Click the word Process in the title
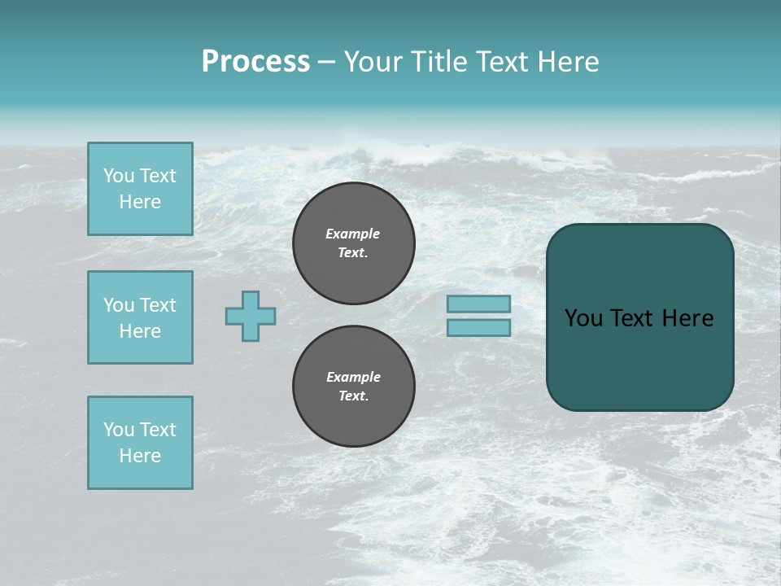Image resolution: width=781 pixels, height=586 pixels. [x=256, y=62]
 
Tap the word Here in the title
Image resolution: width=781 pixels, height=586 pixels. [x=568, y=61]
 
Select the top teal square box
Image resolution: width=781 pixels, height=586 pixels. [x=141, y=189]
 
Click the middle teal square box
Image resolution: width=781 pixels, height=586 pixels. [x=141, y=317]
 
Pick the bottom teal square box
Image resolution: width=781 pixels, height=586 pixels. [x=141, y=443]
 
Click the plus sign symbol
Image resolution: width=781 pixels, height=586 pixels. [x=251, y=317]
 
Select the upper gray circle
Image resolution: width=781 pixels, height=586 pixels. [x=354, y=243]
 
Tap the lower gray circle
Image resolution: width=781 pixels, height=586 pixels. [x=354, y=386]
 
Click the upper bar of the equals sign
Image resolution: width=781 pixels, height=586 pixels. [x=478, y=304]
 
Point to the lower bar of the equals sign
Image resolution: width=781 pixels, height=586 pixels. [x=478, y=328]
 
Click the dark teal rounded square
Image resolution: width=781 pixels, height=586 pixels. [x=640, y=317]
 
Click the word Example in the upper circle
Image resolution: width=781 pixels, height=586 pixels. [x=352, y=234]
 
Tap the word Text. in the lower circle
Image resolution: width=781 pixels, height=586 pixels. [x=354, y=396]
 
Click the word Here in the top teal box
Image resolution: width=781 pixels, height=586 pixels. [x=140, y=202]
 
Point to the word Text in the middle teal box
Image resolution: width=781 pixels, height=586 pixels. [x=158, y=305]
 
